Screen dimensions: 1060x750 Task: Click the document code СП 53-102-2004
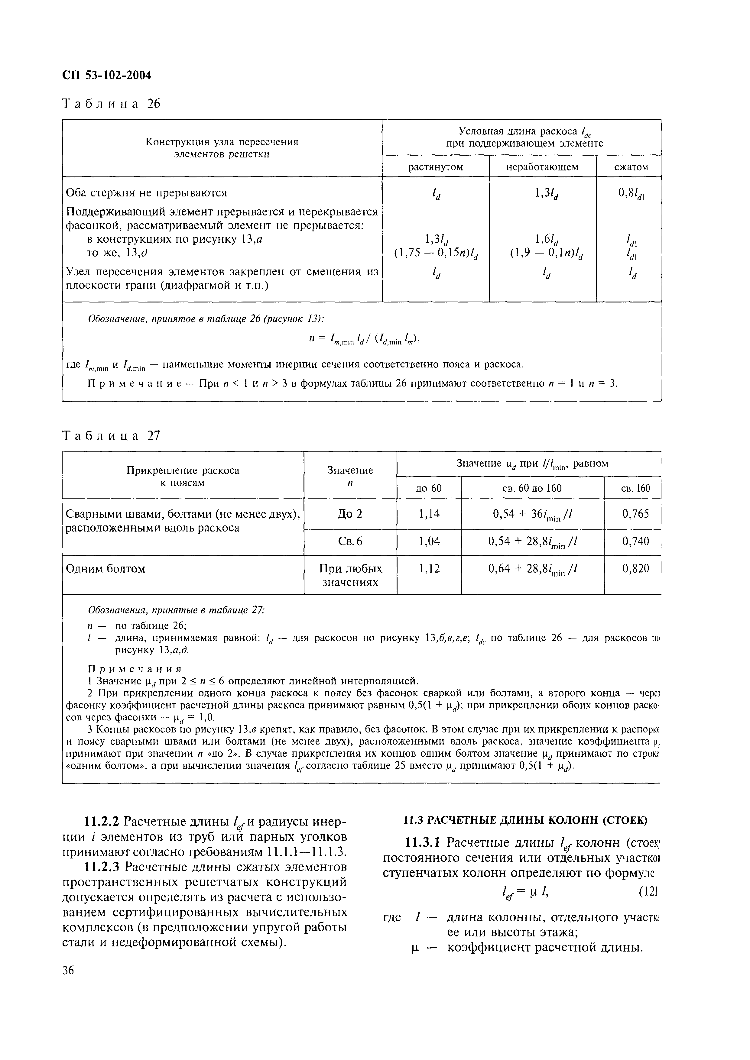tap(107, 75)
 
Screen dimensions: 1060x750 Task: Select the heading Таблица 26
tap(111, 104)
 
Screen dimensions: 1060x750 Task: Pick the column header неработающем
tap(542, 167)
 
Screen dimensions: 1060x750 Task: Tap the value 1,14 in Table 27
tap(429, 514)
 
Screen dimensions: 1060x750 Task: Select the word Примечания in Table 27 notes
tap(135, 669)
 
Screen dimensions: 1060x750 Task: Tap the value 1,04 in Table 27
tap(429, 541)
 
